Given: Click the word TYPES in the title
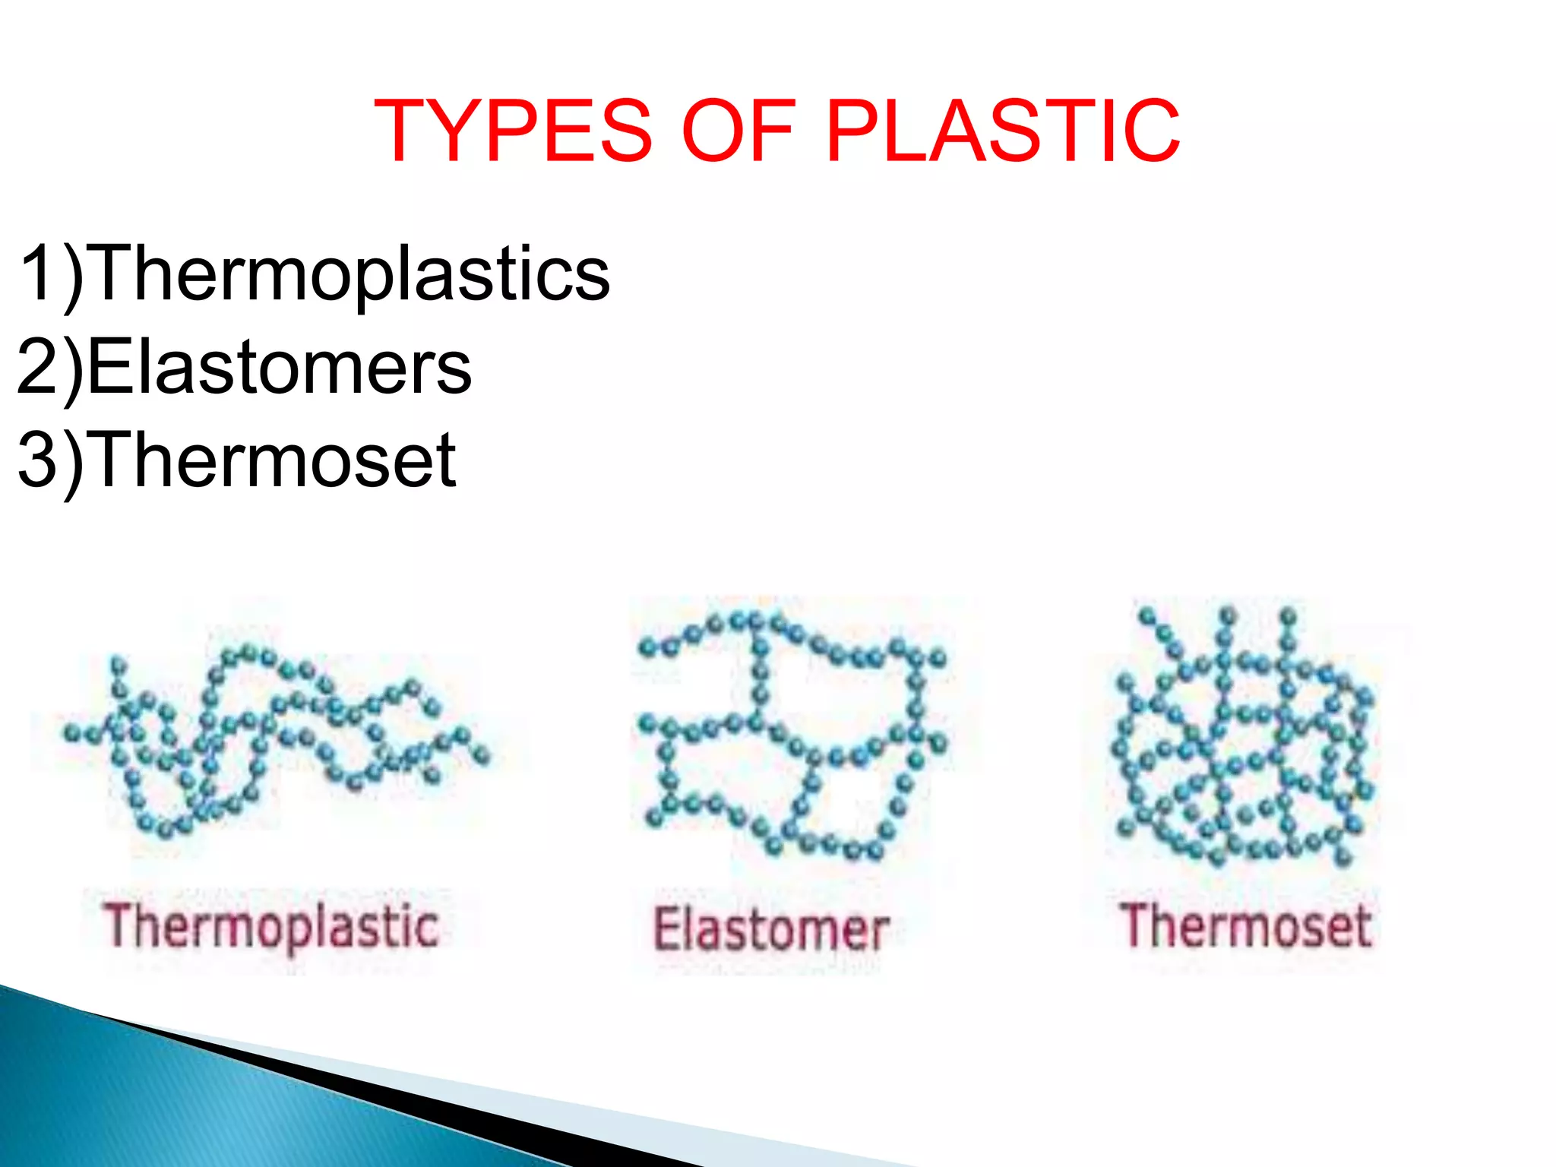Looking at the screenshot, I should (x=513, y=131).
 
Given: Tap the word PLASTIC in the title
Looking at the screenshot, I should (x=1002, y=131).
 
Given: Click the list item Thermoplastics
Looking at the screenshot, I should (x=351, y=274).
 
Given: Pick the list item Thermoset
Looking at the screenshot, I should (x=274, y=460).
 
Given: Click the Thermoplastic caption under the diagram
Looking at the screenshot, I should (x=271, y=927).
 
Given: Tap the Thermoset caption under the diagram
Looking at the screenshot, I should (x=1246, y=926).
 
